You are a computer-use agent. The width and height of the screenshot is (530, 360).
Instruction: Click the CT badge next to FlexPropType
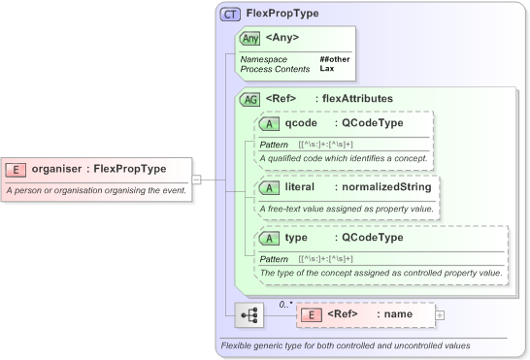(x=231, y=14)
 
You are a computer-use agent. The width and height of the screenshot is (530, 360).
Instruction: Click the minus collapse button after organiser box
(x=196, y=179)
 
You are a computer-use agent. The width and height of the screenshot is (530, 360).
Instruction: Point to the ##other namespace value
(x=335, y=59)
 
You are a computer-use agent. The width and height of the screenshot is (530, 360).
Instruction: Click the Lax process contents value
(x=327, y=69)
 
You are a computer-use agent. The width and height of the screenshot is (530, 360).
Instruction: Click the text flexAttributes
(x=357, y=98)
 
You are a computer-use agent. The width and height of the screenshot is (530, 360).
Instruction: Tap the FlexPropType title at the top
(x=282, y=14)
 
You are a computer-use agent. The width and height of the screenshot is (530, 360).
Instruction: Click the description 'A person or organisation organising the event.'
(x=96, y=191)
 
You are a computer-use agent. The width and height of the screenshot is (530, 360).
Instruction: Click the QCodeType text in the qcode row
(x=369, y=123)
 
